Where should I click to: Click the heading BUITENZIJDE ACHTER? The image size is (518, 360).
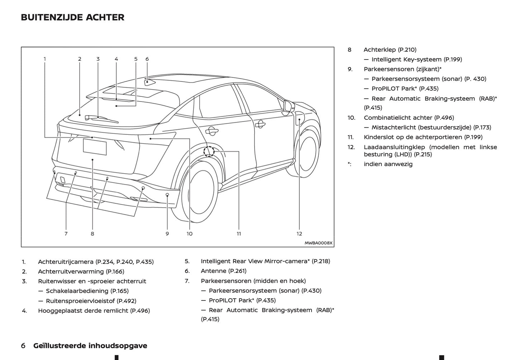tap(72, 18)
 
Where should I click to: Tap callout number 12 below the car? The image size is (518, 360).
tap(299, 234)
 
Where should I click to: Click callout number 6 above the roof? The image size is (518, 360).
tap(147, 59)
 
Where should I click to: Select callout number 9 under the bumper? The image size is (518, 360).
tap(167, 234)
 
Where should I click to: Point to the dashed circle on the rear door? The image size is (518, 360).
tap(209, 151)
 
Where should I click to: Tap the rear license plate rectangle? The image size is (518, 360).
tap(95, 147)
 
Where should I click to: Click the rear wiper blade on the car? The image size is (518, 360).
tap(102, 119)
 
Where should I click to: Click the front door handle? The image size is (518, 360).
tap(260, 124)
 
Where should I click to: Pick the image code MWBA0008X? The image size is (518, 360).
tap(318, 243)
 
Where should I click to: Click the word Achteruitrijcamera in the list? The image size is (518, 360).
tap(66, 262)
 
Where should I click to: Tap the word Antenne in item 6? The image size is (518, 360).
tap(213, 271)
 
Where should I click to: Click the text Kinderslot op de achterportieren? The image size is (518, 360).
tap(413, 137)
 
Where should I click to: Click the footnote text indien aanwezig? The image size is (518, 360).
tap(388, 164)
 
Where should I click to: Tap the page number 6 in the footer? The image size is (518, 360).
tap(23, 346)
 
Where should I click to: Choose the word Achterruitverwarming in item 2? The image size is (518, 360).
tap(71, 271)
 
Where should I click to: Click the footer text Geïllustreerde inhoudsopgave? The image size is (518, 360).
tap(90, 346)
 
